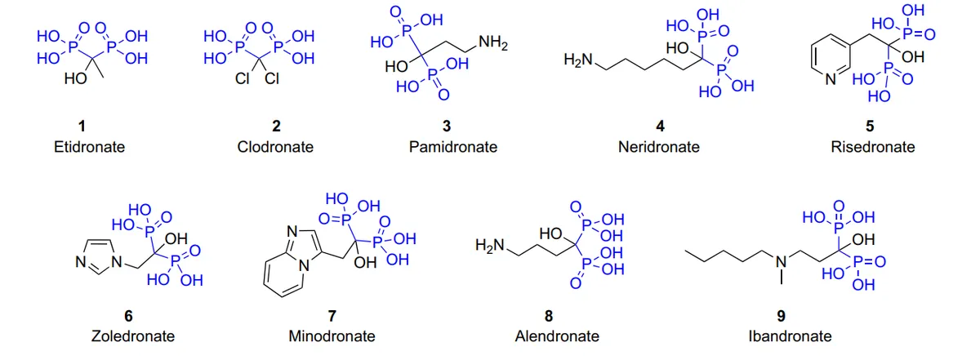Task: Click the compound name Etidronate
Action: tap(89, 147)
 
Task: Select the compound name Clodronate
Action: tap(275, 147)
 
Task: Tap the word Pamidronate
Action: tap(452, 147)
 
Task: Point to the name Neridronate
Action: tap(658, 147)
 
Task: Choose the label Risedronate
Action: tap(873, 147)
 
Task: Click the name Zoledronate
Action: tap(133, 336)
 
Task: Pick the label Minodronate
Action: tap(332, 336)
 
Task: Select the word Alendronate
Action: tap(557, 336)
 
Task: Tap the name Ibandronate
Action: tap(790, 336)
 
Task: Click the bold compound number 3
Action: tap(446, 126)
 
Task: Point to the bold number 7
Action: tap(332, 315)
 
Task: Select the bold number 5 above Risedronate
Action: tap(870, 126)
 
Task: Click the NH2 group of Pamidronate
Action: tap(493, 43)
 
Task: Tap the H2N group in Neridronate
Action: tap(578, 60)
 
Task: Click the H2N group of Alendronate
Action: tap(489, 246)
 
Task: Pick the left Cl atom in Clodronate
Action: tap(242, 78)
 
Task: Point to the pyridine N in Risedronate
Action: tap(831, 79)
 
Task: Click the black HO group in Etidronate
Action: tap(75, 78)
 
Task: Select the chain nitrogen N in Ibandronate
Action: tap(781, 262)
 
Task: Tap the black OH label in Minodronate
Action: tap(365, 263)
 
